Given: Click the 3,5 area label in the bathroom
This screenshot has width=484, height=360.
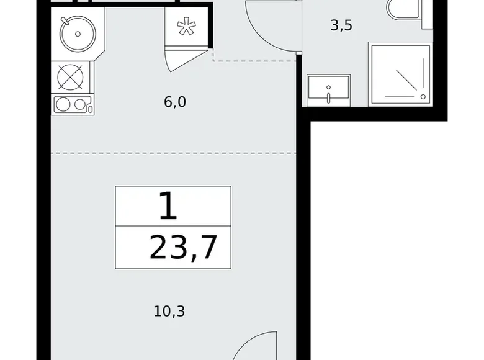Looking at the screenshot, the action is point(341,25).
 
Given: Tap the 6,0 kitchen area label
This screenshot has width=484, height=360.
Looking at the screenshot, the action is point(175,102).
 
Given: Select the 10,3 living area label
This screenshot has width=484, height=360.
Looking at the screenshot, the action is point(169,311).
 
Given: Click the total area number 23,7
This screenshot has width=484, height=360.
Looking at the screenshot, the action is point(183,248).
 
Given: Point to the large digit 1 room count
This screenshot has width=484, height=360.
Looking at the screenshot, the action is point(168,205).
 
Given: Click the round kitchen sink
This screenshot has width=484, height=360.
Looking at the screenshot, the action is point(78,34).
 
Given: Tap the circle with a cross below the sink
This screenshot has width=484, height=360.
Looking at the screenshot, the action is point(70,77).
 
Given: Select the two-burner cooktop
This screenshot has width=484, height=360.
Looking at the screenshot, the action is point(73,104).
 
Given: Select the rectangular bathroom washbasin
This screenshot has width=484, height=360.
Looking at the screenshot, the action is point(328,91).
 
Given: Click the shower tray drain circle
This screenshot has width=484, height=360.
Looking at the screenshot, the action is point(423,97).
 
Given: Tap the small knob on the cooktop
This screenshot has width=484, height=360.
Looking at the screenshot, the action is point(90,109).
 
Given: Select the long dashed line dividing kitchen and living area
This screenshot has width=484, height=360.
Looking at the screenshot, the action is point(174,153).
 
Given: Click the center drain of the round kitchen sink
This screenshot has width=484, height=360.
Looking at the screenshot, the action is point(78,34).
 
